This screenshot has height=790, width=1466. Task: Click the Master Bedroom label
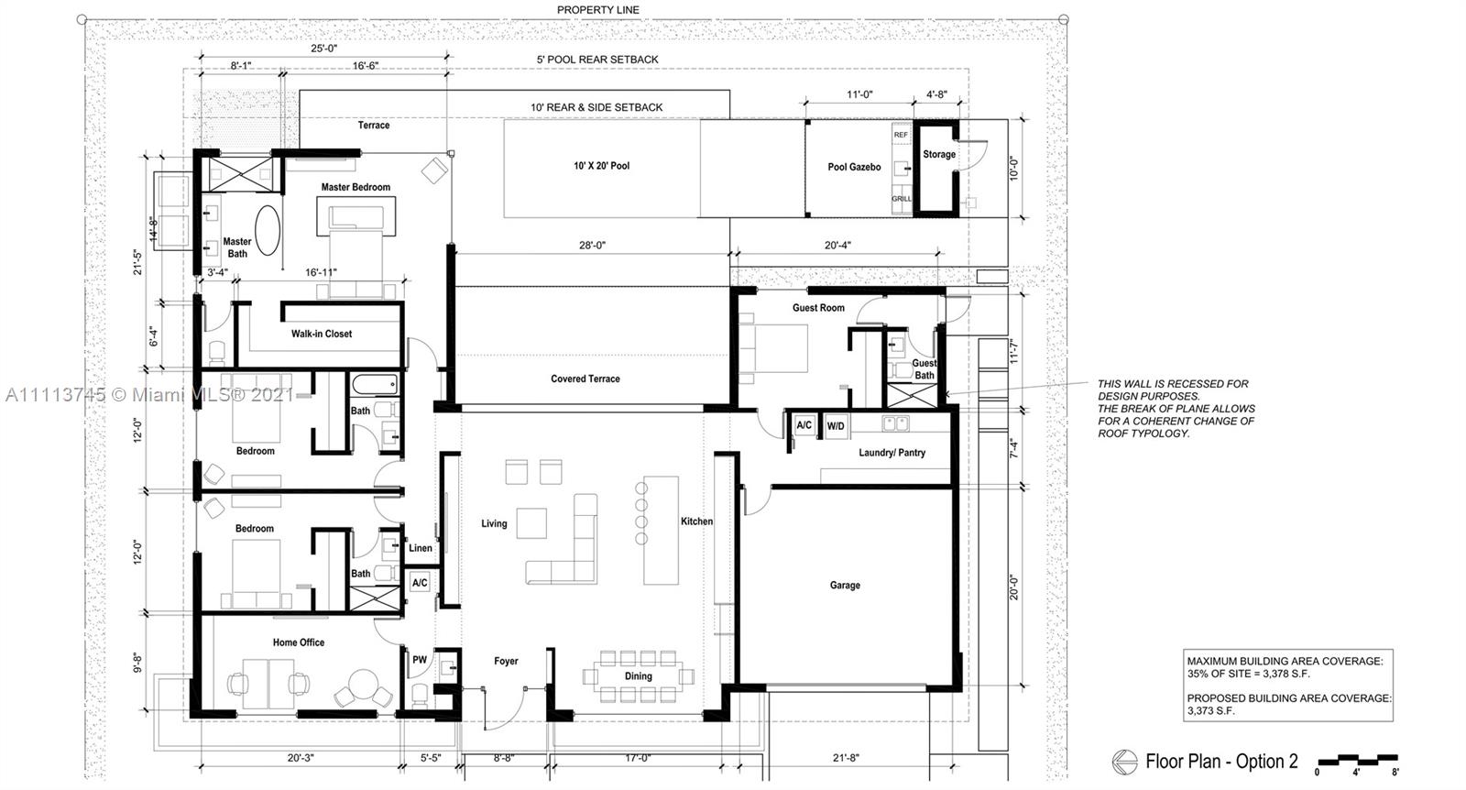click(x=356, y=187)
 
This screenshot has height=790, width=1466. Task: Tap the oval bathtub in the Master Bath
click(x=267, y=230)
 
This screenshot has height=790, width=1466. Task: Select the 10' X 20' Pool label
click(x=601, y=166)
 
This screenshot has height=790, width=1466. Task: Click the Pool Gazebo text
click(x=854, y=167)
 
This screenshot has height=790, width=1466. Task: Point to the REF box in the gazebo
click(x=902, y=135)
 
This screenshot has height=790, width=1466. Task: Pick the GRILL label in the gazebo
click(x=902, y=198)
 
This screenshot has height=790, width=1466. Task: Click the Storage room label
click(x=939, y=155)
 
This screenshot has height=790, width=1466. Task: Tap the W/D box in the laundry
click(x=836, y=426)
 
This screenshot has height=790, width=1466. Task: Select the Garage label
click(x=845, y=585)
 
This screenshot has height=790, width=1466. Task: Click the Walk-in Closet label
click(x=322, y=334)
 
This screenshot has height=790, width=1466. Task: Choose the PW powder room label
click(x=420, y=660)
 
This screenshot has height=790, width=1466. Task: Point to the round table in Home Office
click(x=363, y=686)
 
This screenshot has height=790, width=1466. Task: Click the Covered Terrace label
click(x=585, y=379)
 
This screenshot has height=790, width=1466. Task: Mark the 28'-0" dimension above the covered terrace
click(x=592, y=246)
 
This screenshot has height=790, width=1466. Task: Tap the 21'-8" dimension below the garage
click(x=846, y=758)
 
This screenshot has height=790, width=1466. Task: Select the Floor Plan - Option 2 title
click(x=1221, y=762)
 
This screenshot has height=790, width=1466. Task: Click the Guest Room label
click(x=818, y=308)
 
